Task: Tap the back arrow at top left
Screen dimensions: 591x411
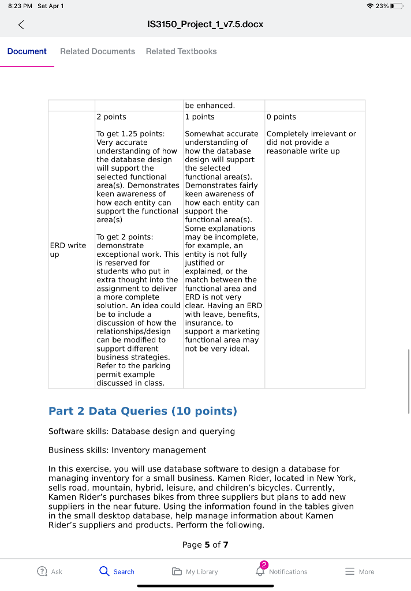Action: pos(21,24)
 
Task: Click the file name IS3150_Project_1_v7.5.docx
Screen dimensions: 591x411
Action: pos(206,24)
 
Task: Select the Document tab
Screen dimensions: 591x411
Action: pos(27,51)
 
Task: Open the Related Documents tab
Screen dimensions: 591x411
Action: pos(98,51)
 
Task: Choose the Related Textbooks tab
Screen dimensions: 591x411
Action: pos(181,51)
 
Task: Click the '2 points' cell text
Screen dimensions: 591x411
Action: pos(111,117)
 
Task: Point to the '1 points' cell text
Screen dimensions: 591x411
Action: pos(200,117)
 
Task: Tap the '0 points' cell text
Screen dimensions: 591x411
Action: pos(282,117)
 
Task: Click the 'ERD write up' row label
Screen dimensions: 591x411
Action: pos(69,250)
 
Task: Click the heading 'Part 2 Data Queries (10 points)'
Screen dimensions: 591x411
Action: pos(143,412)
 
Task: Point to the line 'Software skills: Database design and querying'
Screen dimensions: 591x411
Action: pos(141,431)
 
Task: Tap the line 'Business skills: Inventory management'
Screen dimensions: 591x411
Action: pos(127,450)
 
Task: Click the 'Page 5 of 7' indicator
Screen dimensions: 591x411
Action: pos(206,545)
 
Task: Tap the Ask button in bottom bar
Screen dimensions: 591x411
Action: pos(50,571)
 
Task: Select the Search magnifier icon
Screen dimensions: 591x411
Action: pos(104,571)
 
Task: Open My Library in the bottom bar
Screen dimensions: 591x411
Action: pos(195,571)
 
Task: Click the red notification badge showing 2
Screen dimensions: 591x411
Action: pos(264,564)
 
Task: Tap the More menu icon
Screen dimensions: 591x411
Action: pos(350,571)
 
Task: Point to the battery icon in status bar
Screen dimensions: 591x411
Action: pos(396,6)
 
